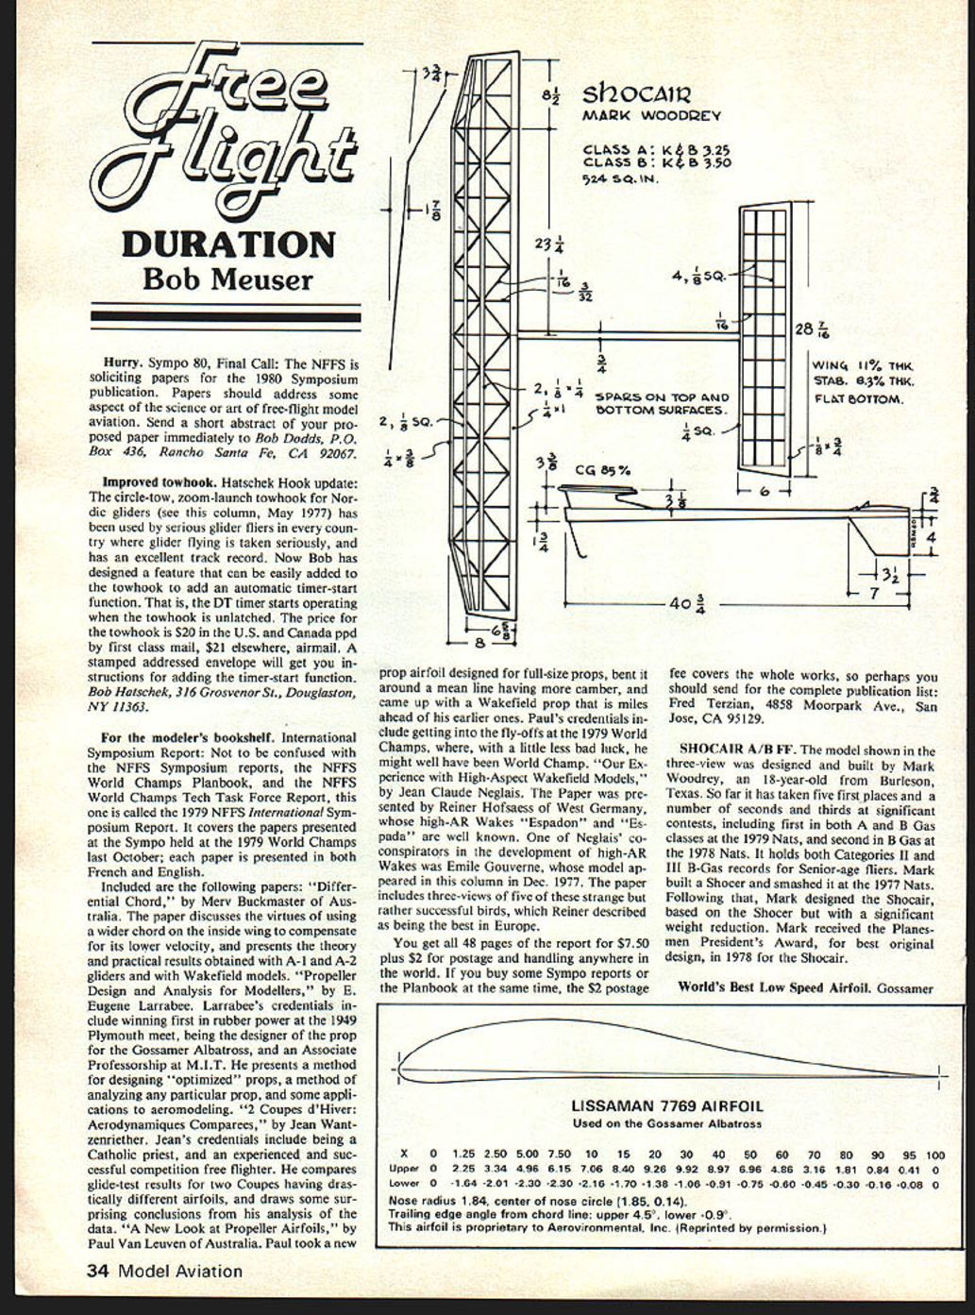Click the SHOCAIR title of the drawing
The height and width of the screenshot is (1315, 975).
click(x=637, y=94)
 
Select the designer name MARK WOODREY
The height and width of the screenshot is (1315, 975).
click(x=650, y=116)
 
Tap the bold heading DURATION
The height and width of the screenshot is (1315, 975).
click(x=228, y=244)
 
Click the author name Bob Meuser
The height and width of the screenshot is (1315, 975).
click(x=227, y=279)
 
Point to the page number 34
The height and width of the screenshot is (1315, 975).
click(x=97, y=1271)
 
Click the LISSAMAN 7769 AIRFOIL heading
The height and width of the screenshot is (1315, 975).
click(x=667, y=1106)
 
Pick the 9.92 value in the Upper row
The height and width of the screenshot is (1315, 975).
click(x=686, y=1169)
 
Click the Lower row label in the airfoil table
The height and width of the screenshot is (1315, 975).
click(x=403, y=1182)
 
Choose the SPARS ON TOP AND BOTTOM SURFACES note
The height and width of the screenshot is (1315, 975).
click(x=662, y=404)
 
